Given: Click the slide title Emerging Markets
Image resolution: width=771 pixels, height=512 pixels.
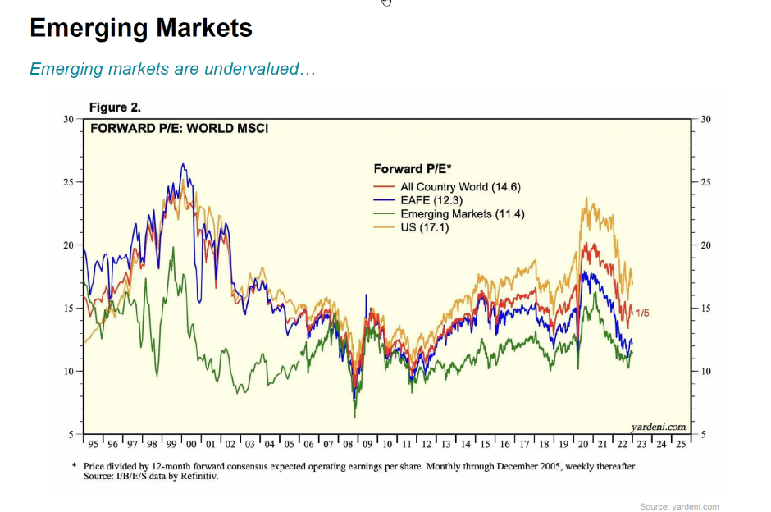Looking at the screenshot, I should tap(140, 29).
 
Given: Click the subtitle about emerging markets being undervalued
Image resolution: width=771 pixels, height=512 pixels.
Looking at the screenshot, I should tap(172, 69).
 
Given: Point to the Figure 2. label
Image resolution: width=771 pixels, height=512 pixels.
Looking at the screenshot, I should tap(115, 108).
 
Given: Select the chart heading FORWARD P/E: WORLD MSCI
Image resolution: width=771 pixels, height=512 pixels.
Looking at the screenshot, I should tap(179, 128).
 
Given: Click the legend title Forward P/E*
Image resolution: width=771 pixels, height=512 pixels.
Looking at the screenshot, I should tap(413, 169).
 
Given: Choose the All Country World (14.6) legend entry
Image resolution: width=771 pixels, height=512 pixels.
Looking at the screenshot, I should tap(460, 187).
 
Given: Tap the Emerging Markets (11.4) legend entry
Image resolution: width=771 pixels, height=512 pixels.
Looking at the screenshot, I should tap(463, 214).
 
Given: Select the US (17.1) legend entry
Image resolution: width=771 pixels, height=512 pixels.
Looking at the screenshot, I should tap(424, 227).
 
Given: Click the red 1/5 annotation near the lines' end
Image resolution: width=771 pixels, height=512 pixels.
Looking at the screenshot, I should tap(643, 313).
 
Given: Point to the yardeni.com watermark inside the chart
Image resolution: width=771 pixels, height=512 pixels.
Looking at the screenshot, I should tap(658, 427).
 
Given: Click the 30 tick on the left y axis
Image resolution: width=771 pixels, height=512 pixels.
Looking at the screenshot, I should tap(67, 120).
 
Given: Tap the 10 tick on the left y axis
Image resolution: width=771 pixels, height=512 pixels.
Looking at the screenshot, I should tap(67, 372).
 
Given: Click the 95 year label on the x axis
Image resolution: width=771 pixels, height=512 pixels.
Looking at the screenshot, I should tap(94, 444).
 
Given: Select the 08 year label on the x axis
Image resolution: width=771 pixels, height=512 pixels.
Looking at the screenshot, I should tap(349, 444).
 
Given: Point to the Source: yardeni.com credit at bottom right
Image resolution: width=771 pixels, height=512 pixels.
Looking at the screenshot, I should tap(679, 506).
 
